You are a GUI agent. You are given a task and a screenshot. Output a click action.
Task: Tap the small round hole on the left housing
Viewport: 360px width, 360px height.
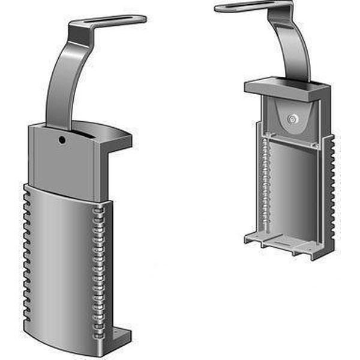tap(62, 140)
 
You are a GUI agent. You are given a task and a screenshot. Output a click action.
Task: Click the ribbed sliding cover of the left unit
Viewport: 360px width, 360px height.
tap(60, 264)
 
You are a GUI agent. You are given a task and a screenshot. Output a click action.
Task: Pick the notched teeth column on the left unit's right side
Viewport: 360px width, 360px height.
tap(98, 264)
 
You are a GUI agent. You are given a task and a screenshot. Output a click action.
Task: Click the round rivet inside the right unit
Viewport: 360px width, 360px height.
tap(292, 119)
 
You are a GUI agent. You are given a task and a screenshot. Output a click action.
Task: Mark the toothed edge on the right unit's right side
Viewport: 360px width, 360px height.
tap(330, 192)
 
